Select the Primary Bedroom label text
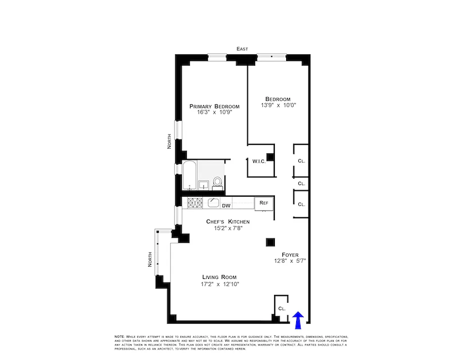pyautogui.click(x=214, y=107)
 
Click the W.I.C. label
pyautogui.click(x=259, y=161)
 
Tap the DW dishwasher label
pyautogui.click(x=226, y=206)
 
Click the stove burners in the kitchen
pyautogui.click(x=196, y=203)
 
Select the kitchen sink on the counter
pyautogui.click(x=213, y=202)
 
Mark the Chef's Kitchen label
pyautogui.click(x=228, y=222)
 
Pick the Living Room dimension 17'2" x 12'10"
pyautogui.click(x=219, y=284)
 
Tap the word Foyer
pyautogui.click(x=290, y=255)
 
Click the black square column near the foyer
pyautogui.click(x=270, y=242)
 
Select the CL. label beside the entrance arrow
pyautogui.click(x=282, y=309)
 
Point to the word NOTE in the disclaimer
pyautogui.click(x=119, y=337)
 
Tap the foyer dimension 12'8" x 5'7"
pyautogui.click(x=290, y=261)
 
